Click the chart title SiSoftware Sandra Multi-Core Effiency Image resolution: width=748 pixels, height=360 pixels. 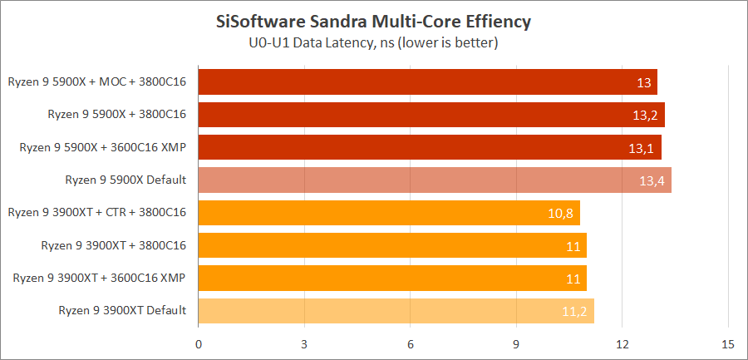coord(373,20)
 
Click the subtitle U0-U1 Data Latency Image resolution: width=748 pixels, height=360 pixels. coord(373,41)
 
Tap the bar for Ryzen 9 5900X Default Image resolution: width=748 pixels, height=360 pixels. coord(435,180)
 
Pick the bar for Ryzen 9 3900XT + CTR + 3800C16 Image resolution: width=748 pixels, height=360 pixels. coord(389,213)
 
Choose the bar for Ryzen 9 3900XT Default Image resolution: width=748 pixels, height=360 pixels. coord(396,311)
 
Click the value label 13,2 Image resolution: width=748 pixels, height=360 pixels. coord(642,116)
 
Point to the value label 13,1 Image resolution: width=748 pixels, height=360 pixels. coord(639,148)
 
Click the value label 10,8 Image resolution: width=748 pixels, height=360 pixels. coord(560,214)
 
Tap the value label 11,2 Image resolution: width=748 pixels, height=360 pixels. coord(573,312)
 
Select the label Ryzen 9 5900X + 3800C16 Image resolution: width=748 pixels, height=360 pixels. coord(116,114)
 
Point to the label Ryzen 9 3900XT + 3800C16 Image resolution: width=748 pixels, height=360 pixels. coord(113,245)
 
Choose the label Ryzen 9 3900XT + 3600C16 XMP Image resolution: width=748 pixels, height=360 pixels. coord(100,278)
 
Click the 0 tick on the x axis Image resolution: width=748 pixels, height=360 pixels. coord(199,343)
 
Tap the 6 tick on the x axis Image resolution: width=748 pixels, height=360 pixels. coord(411,343)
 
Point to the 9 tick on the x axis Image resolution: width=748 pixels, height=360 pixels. coord(516,343)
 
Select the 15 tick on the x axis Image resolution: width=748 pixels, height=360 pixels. coord(728,343)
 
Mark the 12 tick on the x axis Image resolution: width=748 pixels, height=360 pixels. coord(622,343)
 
